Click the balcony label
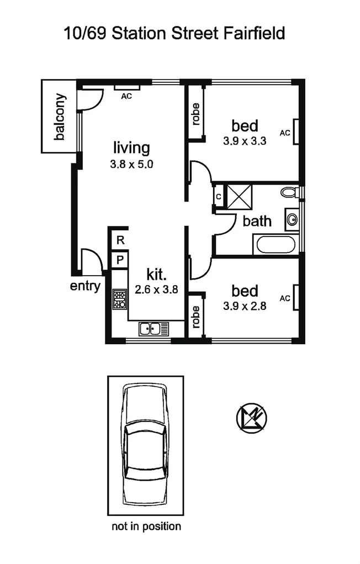[x=60, y=117]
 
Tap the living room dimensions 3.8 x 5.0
[x=131, y=164]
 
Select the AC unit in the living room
[x=127, y=87]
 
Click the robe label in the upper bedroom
[x=195, y=113]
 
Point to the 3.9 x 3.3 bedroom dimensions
[x=245, y=141]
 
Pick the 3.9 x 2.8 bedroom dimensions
[x=245, y=305]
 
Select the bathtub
[x=276, y=244]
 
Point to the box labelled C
[x=219, y=197]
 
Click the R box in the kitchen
[x=120, y=240]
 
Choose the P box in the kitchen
[x=120, y=259]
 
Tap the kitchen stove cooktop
[x=120, y=299]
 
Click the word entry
[x=85, y=286]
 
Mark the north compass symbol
[x=252, y=417]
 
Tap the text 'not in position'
[x=146, y=526]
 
